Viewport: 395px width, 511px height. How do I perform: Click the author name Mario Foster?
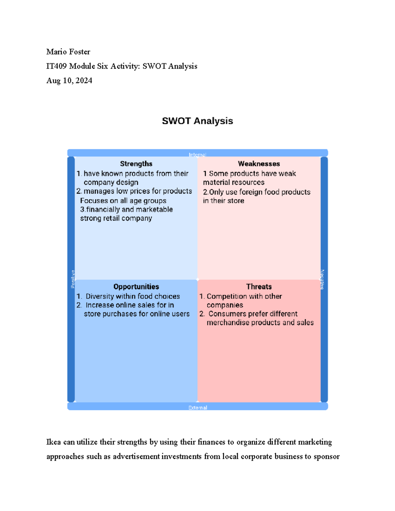(68, 52)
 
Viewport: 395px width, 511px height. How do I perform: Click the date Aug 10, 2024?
(69, 81)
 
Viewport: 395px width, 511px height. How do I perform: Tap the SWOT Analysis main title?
(197, 121)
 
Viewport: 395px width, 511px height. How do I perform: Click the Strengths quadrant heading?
(136, 164)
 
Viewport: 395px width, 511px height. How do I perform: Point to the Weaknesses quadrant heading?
(259, 164)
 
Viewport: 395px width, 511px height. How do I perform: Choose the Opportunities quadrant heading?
(136, 287)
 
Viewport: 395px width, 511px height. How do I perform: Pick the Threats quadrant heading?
(259, 287)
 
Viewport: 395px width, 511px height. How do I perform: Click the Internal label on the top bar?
(197, 155)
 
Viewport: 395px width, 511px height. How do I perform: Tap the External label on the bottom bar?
(197, 408)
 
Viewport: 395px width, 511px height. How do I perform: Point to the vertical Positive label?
(73, 279)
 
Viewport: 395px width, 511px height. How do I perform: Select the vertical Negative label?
(322, 279)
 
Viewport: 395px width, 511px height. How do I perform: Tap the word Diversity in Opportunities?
(100, 296)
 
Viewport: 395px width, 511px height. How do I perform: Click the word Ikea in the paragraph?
(54, 442)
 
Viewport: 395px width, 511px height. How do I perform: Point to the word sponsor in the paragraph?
(327, 456)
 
